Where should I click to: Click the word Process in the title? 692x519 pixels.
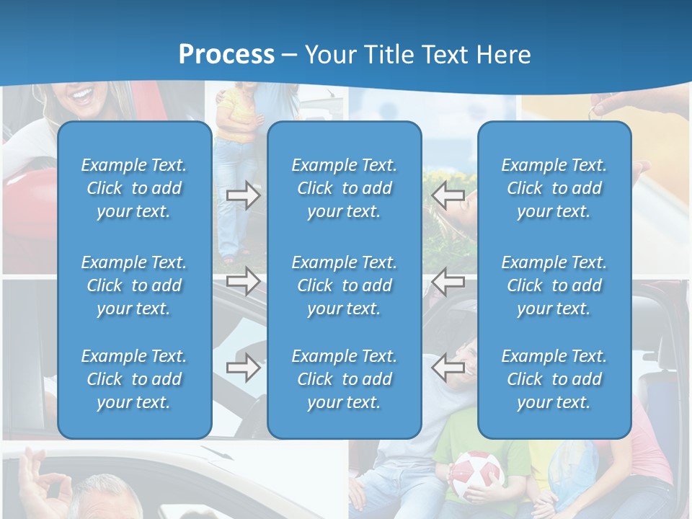(x=226, y=55)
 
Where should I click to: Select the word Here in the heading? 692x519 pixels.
(x=502, y=55)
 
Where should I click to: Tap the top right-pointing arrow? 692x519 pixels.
(x=243, y=195)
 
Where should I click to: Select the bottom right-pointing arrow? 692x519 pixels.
(x=243, y=368)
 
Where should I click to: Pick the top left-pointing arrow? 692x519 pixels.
(x=448, y=195)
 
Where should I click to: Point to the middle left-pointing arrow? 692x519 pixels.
(x=448, y=280)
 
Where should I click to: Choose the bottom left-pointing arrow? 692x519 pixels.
(x=448, y=368)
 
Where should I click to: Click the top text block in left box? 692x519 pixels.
(x=134, y=188)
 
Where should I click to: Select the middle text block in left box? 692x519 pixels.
(x=134, y=285)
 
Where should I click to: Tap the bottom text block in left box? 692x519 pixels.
(x=134, y=379)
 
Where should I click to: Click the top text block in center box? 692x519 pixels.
(x=344, y=188)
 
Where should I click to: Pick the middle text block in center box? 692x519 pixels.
(x=344, y=285)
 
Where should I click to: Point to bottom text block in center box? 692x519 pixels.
(x=344, y=379)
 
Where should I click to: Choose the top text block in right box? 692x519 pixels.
(x=554, y=188)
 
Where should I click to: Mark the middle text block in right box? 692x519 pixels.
(x=554, y=285)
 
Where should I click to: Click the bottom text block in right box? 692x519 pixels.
(x=554, y=379)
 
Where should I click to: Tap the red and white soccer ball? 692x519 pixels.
(x=476, y=476)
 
